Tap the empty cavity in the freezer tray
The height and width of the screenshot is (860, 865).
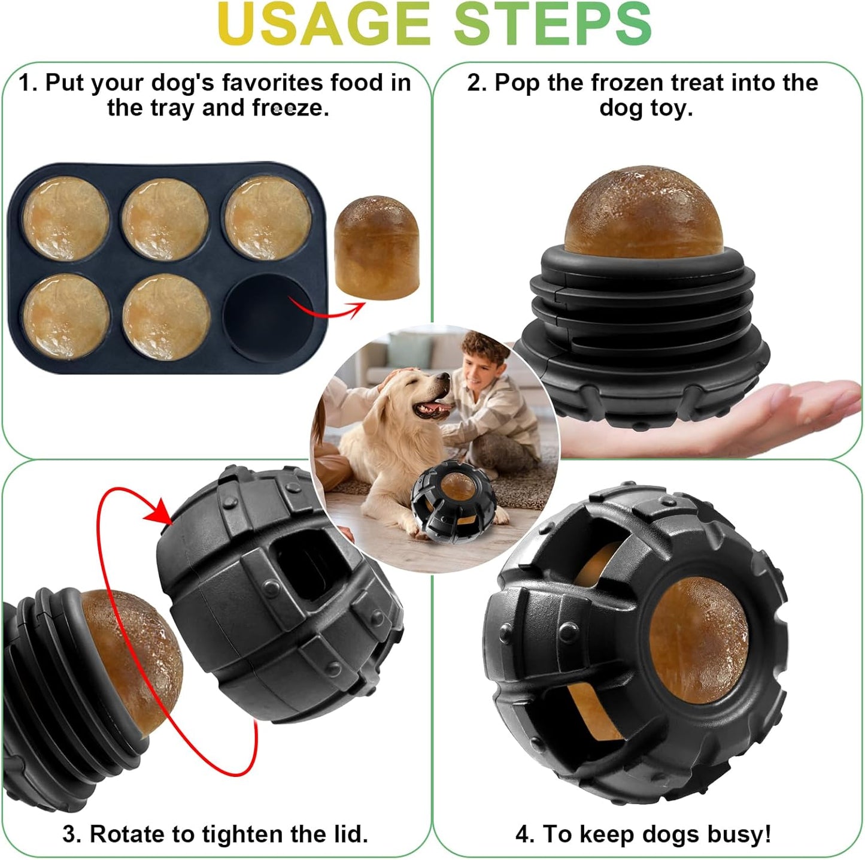click(x=268, y=316)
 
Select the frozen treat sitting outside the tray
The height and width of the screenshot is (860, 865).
click(x=377, y=247)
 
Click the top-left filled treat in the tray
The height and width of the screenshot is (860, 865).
click(x=66, y=219)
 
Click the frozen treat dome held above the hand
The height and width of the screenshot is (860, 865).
click(x=644, y=213)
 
